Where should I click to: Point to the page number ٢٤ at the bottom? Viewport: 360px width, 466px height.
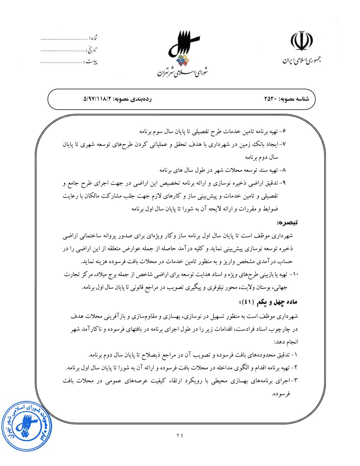pyautogui.click(x=180, y=435)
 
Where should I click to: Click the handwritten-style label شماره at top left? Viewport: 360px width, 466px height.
pyautogui.click(x=93, y=38)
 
